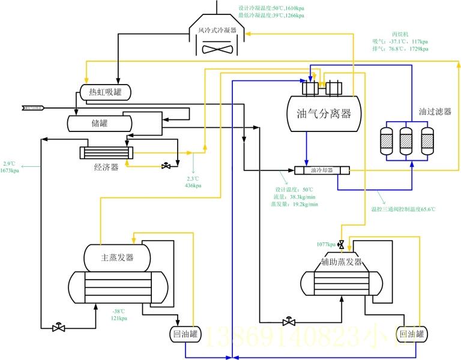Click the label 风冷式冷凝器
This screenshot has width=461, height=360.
217,29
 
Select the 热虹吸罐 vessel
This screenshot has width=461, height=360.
106,92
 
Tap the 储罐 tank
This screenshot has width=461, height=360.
99,123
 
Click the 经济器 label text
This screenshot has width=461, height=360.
106,167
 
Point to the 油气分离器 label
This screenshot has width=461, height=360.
324,113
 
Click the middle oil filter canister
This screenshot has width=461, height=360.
407,140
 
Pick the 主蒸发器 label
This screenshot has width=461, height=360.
117,257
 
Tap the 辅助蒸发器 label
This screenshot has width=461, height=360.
342,262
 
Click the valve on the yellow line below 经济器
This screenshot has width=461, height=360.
166,166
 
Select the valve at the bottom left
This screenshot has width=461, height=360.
58,327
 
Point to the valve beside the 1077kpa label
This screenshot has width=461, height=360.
342,244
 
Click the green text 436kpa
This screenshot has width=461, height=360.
193,185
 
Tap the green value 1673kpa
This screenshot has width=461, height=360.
10,171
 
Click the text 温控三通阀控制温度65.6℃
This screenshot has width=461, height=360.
403,209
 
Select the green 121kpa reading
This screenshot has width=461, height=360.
119,318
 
